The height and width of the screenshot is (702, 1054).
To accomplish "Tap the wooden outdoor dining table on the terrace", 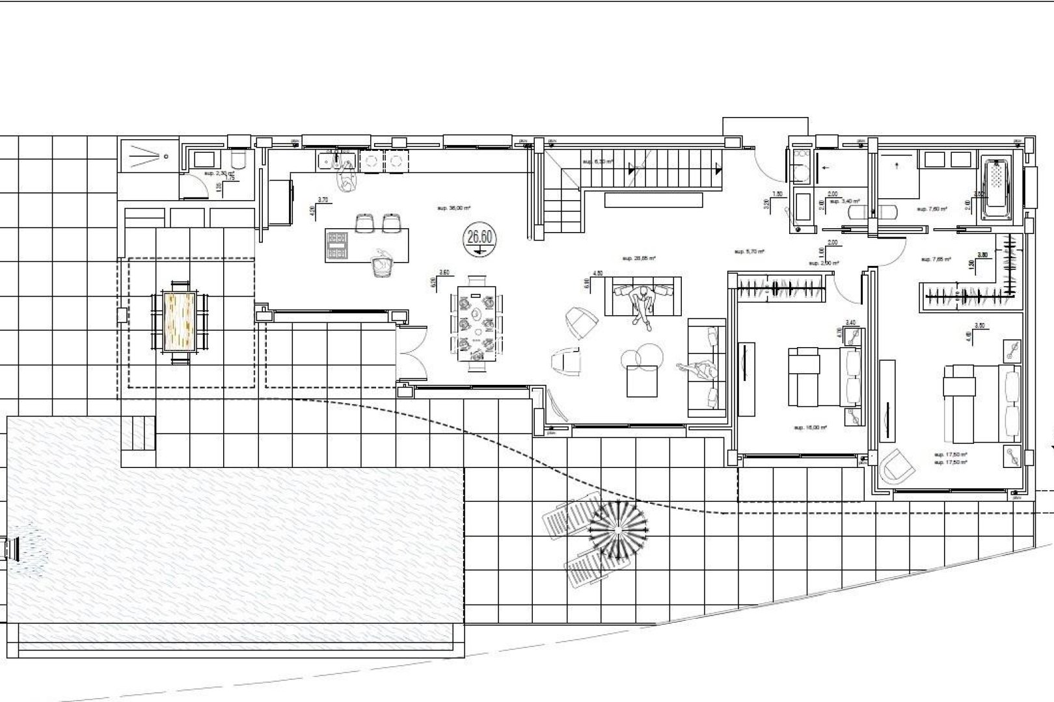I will coord(179,321).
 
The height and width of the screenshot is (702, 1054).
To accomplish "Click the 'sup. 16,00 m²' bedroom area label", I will coord(810,428).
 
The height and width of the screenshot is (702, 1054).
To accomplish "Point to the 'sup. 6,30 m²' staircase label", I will coord(597,162).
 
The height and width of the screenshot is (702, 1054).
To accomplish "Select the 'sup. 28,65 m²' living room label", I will coord(639,258).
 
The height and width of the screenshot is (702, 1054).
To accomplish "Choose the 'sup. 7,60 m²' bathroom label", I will coord(931,209).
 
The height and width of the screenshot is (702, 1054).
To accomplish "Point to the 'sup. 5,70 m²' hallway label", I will coord(748,251).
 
